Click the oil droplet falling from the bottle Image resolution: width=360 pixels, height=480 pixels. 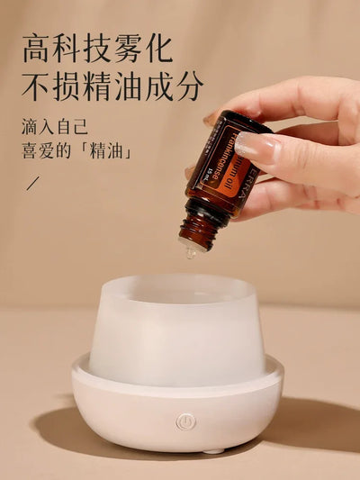pos(191,253)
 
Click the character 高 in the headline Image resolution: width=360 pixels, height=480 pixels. pos(39,47)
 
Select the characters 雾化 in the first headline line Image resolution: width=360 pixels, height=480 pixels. pos(141,47)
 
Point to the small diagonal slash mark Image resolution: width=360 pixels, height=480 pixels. pos(33,184)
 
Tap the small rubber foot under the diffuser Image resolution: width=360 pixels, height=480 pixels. pos(212,449)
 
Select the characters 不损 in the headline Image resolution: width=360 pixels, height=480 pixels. pos(50,86)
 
